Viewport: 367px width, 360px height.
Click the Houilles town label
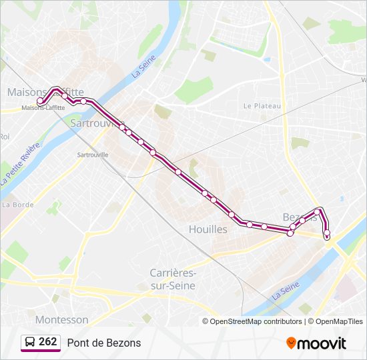coord(208,229)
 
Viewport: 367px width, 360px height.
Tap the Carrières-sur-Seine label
coord(173,279)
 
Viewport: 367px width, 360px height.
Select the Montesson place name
coord(61,320)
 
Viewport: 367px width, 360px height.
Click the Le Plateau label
coord(262,105)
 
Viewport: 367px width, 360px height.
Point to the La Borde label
coord(18,204)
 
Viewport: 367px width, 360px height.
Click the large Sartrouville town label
coord(97,123)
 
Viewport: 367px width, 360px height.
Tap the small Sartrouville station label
coord(93,155)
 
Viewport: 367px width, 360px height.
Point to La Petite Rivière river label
coord(21,163)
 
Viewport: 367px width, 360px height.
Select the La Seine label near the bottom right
coord(285,290)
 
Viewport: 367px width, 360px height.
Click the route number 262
coord(47,342)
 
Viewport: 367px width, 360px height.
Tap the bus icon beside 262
coord(30,343)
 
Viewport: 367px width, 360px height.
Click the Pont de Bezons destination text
coord(104,343)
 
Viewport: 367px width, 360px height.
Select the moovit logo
coord(316,343)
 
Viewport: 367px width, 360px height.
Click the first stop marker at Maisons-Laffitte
coord(40,101)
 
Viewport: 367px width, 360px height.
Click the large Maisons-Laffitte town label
coord(45,92)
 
